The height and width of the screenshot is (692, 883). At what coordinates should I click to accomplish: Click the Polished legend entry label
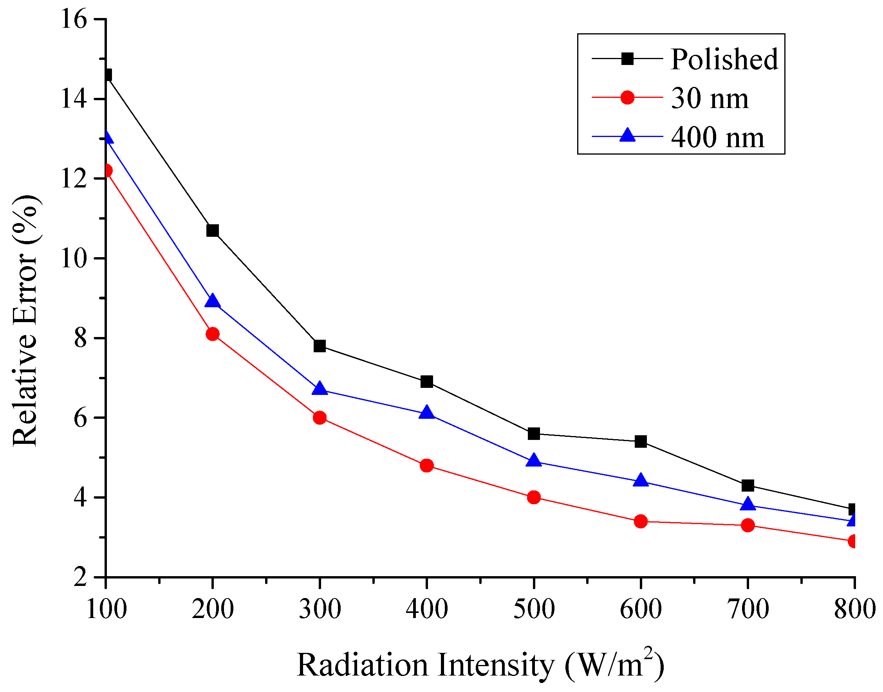(724, 59)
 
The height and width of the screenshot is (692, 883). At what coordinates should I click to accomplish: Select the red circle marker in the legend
(627, 97)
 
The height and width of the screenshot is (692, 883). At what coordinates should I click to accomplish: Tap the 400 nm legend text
(717, 137)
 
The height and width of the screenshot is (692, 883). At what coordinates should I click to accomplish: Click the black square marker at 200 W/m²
(212, 231)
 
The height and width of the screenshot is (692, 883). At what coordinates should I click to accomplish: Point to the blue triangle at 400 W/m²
(426, 413)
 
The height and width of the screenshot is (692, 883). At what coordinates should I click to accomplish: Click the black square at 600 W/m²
(640, 441)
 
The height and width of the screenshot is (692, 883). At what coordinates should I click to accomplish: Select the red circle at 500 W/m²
(534, 497)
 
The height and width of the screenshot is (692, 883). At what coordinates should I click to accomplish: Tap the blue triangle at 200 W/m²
(212, 301)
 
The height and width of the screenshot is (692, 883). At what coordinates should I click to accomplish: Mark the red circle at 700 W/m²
(747, 526)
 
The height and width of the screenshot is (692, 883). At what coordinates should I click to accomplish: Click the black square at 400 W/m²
(426, 381)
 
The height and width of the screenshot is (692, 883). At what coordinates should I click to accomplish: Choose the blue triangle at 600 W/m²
(640, 481)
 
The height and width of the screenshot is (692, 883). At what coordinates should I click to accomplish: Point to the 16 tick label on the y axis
(74, 19)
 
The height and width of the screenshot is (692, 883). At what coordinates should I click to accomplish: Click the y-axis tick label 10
(74, 258)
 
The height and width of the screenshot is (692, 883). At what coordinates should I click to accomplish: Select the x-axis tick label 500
(534, 609)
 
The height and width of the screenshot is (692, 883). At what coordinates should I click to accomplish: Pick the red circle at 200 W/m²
(212, 334)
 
